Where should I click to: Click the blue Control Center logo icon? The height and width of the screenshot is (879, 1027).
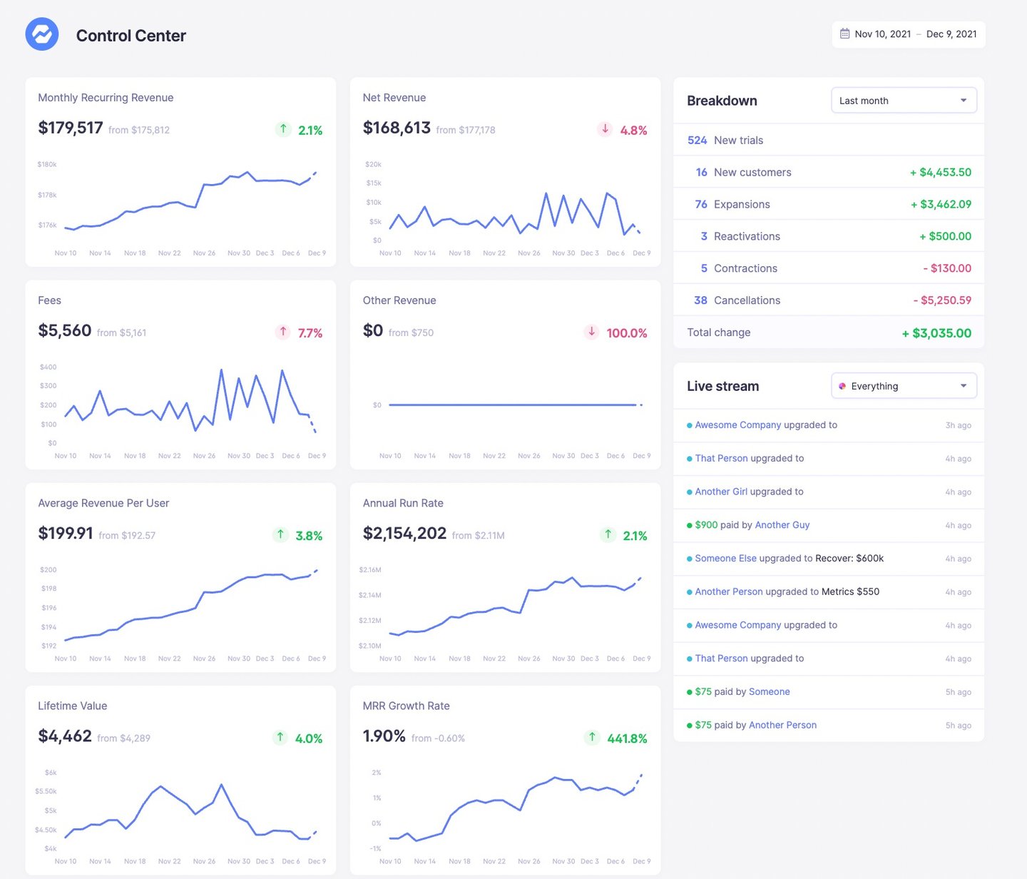point(42,34)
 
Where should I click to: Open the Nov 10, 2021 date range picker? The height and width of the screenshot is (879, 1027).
point(908,34)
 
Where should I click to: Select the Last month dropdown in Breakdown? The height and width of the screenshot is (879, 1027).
point(903,101)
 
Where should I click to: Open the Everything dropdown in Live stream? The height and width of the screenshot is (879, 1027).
point(903,386)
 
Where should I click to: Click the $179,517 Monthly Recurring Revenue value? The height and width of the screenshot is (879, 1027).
point(71,128)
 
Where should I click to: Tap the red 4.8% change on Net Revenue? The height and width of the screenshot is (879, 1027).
point(633,131)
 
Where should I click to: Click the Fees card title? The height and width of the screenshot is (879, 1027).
point(49,300)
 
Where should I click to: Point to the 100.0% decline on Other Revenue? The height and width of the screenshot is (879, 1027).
point(626,333)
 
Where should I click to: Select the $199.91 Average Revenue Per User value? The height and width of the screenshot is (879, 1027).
point(66,534)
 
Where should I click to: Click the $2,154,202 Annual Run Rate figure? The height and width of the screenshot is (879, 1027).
point(404,534)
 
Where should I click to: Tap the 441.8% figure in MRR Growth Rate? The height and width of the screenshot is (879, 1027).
point(627,738)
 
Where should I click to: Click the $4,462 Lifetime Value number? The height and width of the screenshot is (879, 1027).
point(65,736)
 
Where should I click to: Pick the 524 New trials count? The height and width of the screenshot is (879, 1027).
point(697,141)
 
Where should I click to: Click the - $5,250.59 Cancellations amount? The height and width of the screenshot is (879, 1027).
point(942,300)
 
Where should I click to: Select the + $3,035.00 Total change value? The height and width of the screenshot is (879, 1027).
point(936,333)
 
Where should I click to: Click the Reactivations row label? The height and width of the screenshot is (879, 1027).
point(747,236)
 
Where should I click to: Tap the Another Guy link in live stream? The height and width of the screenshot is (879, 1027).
point(782,525)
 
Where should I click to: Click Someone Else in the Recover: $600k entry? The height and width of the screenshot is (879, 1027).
point(725,559)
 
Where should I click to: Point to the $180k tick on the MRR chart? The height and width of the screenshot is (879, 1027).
point(47,165)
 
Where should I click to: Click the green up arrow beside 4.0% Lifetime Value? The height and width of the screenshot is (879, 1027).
point(280,737)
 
